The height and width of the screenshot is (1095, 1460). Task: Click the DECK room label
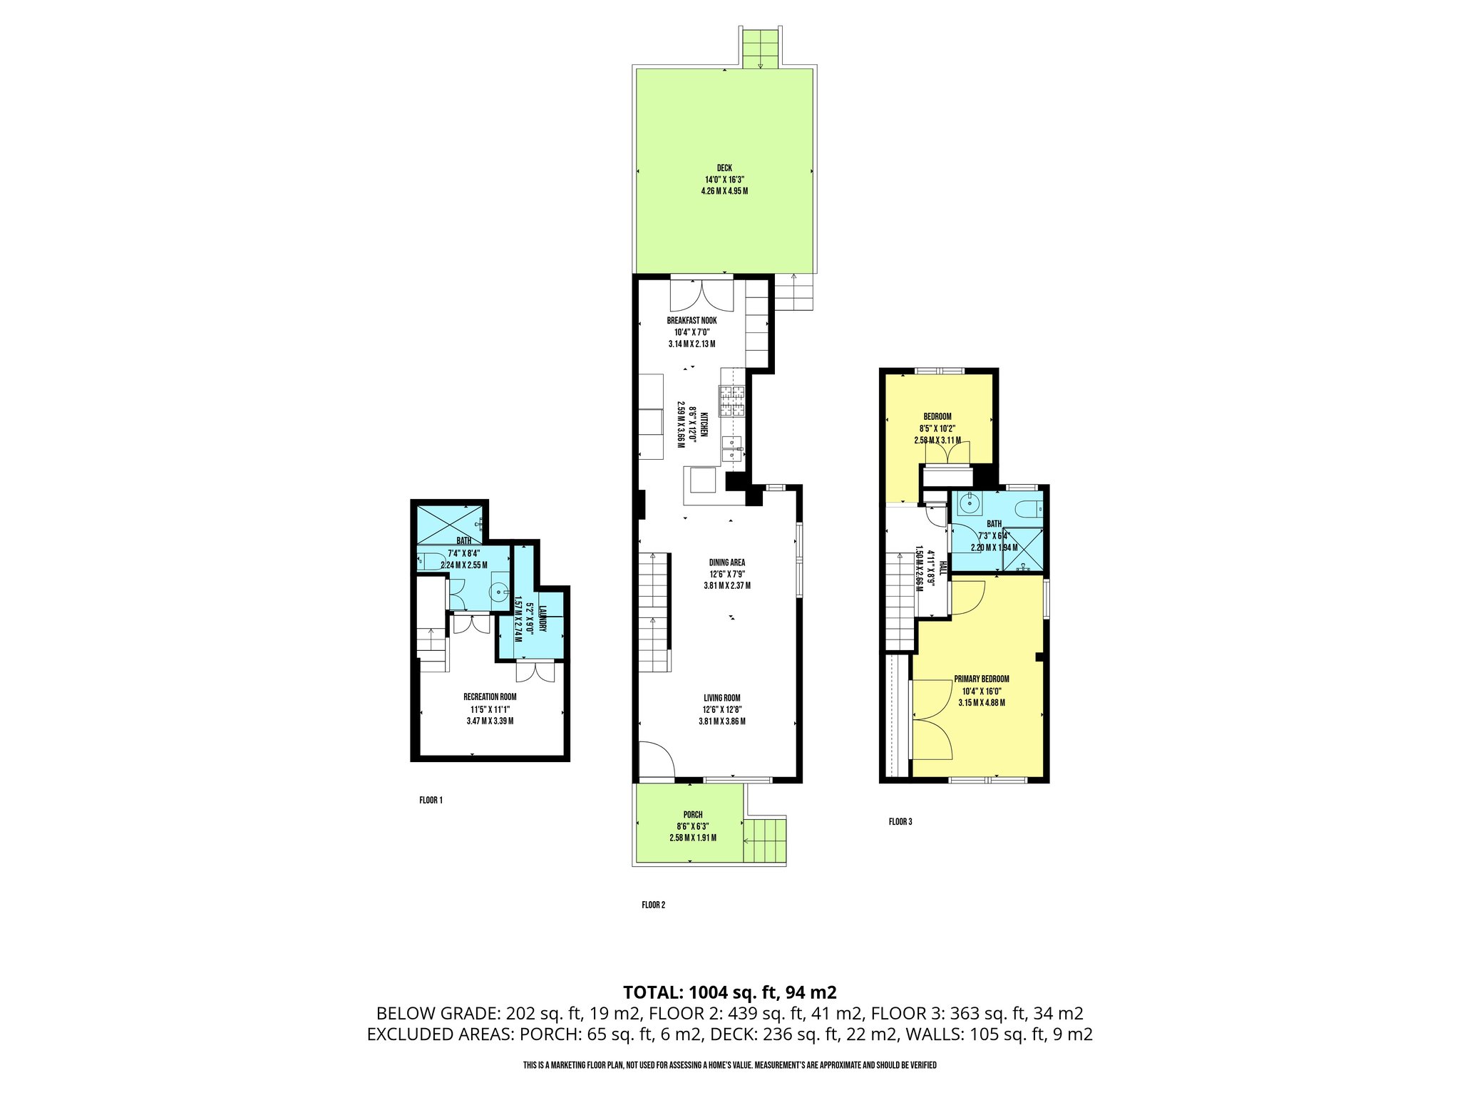point(724,168)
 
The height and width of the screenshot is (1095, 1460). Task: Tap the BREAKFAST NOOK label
point(692,321)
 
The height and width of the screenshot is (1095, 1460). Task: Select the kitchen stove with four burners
point(732,401)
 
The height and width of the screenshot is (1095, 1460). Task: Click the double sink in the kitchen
point(732,450)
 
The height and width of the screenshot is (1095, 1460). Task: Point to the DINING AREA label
point(726,562)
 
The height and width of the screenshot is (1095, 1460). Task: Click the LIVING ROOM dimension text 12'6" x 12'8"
point(721,710)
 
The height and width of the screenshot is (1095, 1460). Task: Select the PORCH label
point(692,815)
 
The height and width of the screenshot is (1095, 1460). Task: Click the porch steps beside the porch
point(765,841)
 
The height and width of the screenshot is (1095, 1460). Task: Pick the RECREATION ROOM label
point(490,697)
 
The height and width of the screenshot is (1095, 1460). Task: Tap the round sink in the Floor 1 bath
point(499,591)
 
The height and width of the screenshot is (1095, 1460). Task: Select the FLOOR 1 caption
point(431,801)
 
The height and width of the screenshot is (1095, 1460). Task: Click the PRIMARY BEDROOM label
point(981,679)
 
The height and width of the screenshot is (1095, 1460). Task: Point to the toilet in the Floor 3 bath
point(1029,509)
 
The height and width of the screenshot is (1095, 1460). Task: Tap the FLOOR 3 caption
point(900,822)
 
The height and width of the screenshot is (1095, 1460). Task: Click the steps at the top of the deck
point(761,50)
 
